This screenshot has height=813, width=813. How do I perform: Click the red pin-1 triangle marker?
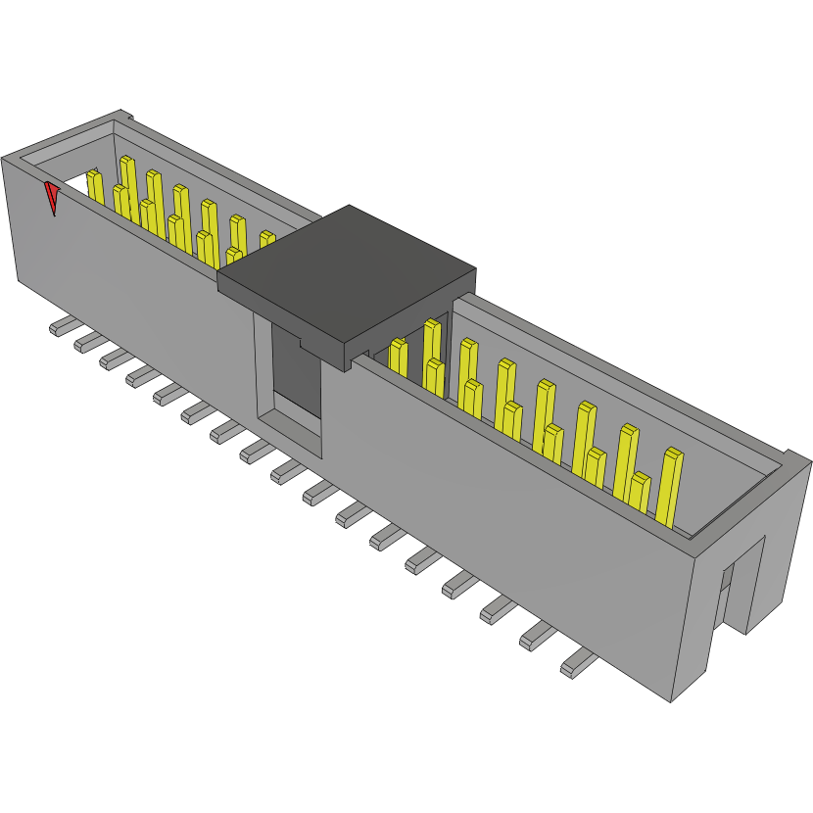pyautogui.click(x=52, y=198)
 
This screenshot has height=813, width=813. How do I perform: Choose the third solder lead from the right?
pyautogui.click(x=499, y=609)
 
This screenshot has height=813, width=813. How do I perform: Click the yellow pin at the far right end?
pyautogui.click(x=670, y=486)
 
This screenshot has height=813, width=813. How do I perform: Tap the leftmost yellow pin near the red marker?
pyautogui.click(x=95, y=186)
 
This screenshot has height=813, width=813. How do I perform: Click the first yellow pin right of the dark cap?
pyautogui.click(x=398, y=357)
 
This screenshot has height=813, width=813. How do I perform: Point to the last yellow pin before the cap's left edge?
pyautogui.click(x=266, y=239)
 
